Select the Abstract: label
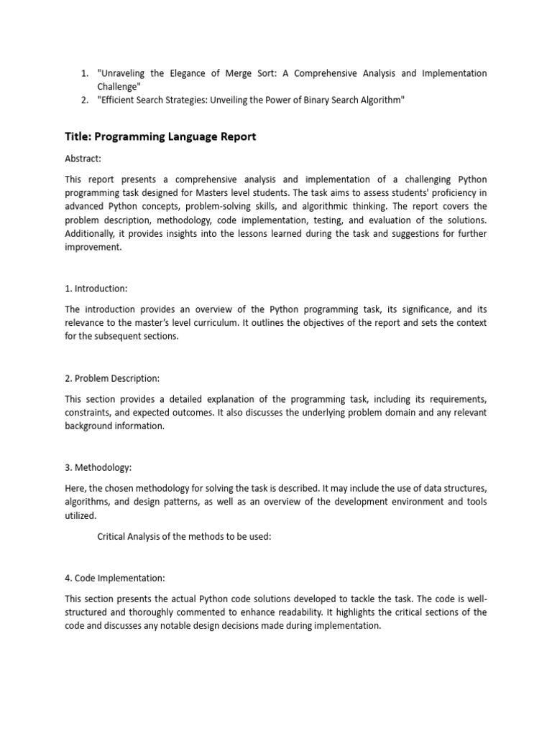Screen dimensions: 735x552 (83, 159)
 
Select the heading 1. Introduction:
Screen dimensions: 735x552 (96, 289)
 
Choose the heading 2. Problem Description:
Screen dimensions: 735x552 (113, 378)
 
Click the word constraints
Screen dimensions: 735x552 (90, 413)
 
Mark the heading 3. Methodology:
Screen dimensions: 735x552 (98, 467)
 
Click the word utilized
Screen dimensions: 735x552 (81, 515)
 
